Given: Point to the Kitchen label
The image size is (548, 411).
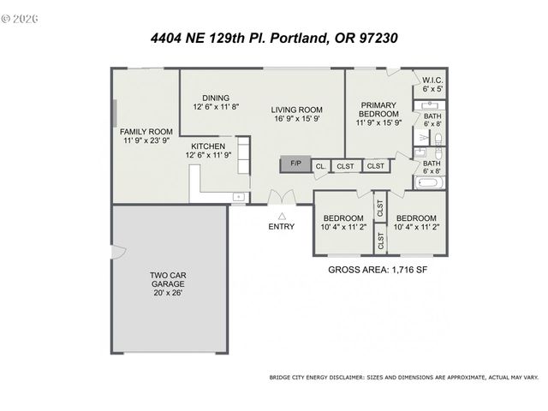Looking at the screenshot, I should point(207,146).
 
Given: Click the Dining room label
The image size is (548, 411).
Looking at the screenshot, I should point(216,97).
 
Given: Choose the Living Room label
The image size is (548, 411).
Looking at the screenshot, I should point(296,109).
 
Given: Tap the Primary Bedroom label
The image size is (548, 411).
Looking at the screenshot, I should point(378,109).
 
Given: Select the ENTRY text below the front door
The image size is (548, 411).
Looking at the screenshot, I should point(281,227).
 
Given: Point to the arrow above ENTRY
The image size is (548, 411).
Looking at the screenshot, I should point(281,216).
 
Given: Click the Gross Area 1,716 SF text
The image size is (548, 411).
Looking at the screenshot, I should point(378,270).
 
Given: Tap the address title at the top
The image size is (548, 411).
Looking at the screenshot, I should point(273,39).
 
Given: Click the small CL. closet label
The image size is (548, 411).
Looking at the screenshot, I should point(320,166).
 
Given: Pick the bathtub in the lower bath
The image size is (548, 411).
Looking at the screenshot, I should point(429,182).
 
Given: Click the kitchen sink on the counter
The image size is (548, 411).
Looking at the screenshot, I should point(237,197).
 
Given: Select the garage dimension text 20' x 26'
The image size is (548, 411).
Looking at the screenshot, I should point(168,293).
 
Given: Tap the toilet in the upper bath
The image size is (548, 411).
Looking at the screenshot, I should point(437,138).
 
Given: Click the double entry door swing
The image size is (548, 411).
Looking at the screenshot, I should point(280,196).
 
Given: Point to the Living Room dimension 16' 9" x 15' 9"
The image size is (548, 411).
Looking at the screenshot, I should point(296,119).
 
